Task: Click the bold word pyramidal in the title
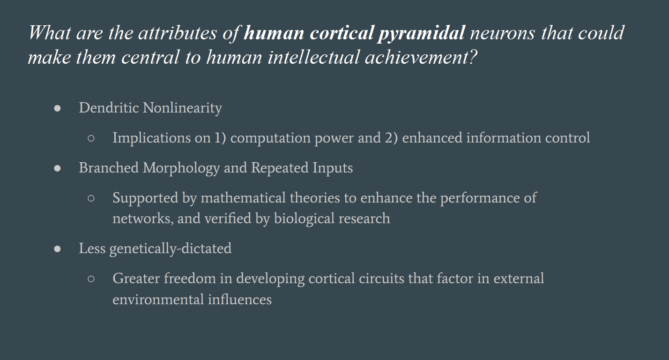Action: (x=421, y=33)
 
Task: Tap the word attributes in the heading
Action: (x=178, y=32)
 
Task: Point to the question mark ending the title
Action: (x=473, y=57)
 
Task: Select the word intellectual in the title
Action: (x=313, y=57)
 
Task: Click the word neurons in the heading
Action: (x=503, y=33)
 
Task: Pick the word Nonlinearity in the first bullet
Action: (x=182, y=108)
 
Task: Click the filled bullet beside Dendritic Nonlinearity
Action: (x=57, y=108)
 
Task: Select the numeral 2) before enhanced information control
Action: (x=391, y=138)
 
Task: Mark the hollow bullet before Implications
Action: (x=91, y=138)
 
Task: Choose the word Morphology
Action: (x=181, y=168)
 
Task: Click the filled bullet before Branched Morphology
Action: (x=57, y=168)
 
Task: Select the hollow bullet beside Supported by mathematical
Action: (x=91, y=198)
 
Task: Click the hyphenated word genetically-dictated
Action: (x=171, y=248)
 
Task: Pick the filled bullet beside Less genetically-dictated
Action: (x=57, y=249)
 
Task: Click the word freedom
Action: (x=190, y=278)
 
